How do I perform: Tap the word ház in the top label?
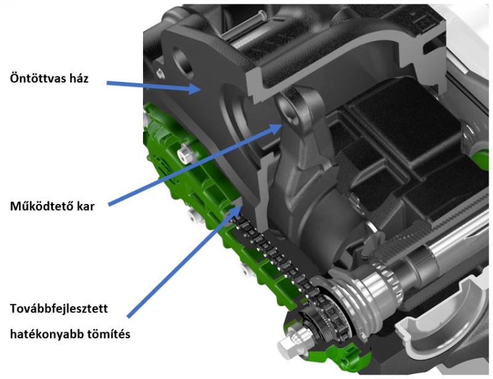click(79, 78)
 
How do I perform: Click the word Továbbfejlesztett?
click(59, 309)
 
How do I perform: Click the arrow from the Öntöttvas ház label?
click(153, 87)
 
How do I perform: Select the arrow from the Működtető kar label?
click(195, 165)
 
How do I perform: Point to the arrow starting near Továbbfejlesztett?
click(184, 261)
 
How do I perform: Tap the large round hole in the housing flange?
click(182, 63)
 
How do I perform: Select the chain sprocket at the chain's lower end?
click(327, 314)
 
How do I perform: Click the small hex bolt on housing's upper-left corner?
click(161, 73)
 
